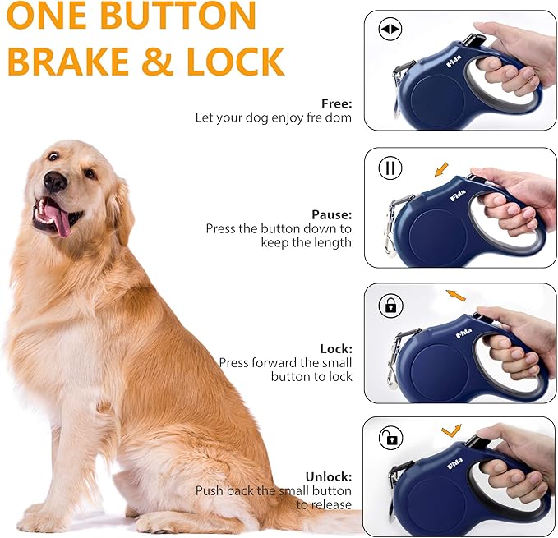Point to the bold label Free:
coord(336,103)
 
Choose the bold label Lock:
coord(336,348)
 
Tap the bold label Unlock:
coord(329,476)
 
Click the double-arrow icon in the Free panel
coord(390,30)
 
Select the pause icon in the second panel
coord(390,168)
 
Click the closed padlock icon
coord(390,305)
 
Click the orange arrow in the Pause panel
coord(441,169)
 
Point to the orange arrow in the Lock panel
coord(454,294)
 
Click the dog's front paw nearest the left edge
coord(38,519)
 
